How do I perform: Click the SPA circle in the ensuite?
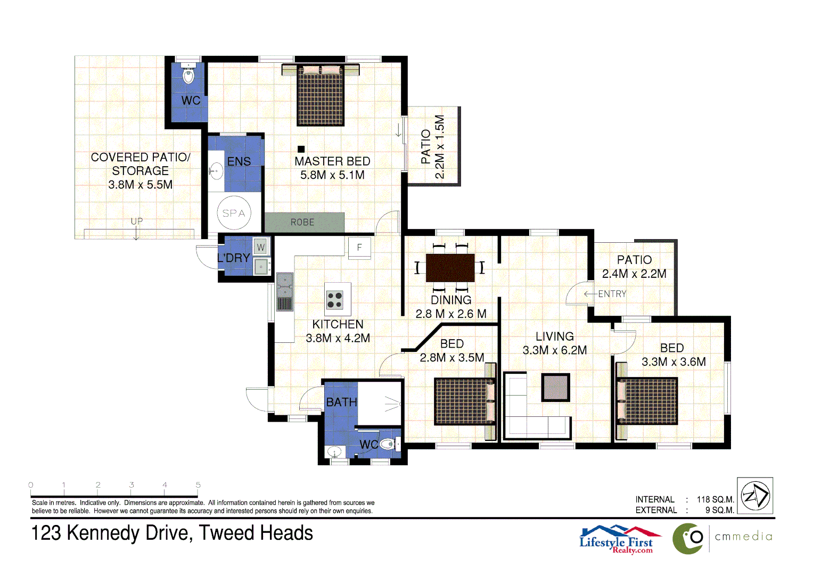point(234,213)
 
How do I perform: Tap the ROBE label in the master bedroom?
point(302,222)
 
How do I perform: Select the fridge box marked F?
point(359,248)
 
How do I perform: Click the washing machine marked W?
point(260,247)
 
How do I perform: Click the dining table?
point(450,267)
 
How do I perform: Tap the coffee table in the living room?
point(555,387)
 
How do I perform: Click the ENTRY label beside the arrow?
point(612,294)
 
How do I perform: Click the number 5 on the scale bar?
point(198,485)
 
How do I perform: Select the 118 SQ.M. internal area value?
point(715,499)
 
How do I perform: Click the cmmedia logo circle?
point(688,538)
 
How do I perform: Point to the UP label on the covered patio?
point(137,221)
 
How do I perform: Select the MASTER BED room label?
point(332,161)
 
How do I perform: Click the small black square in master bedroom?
point(301,149)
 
